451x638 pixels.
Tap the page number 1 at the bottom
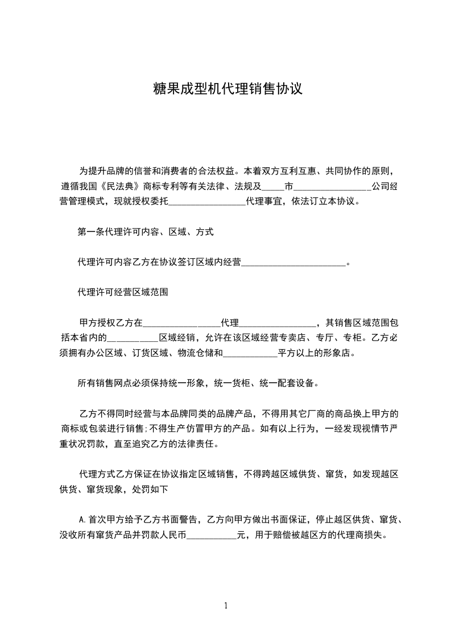pyautogui.click(x=226, y=606)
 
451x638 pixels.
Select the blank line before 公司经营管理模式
pyautogui.click(x=333, y=186)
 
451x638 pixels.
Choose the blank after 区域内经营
pyautogui.click(x=294, y=262)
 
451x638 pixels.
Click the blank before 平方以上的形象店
pyautogui.click(x=250, y=353)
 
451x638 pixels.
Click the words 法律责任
pyautogui.click(x=198, y=444)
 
